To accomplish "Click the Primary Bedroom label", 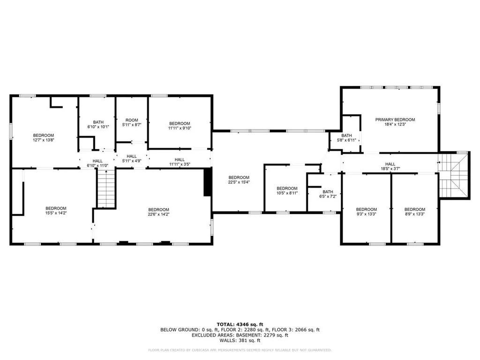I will [x=395, y=120].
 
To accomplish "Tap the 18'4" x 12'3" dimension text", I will [x=395, y=125].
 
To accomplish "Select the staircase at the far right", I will [x=453, y=177].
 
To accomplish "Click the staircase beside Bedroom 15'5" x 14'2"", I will [x=106, y=188].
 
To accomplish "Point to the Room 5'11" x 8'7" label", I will [x=132, y=120].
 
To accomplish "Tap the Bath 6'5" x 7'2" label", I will [x=328, y=192].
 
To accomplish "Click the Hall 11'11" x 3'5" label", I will [x=180, y=159].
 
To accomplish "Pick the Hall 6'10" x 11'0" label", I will [x=97, y=161].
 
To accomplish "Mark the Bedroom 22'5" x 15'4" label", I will [x=239, y=177].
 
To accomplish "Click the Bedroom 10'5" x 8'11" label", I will [x=287, y=188].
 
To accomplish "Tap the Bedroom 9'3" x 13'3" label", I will [x=366, y=210].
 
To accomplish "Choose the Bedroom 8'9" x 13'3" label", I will [x=414, y=210].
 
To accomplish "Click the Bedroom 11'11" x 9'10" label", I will [x=180, y=123].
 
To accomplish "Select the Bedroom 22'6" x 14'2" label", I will [x=158, y=210].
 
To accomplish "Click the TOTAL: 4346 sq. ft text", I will [x=240, y=324].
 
